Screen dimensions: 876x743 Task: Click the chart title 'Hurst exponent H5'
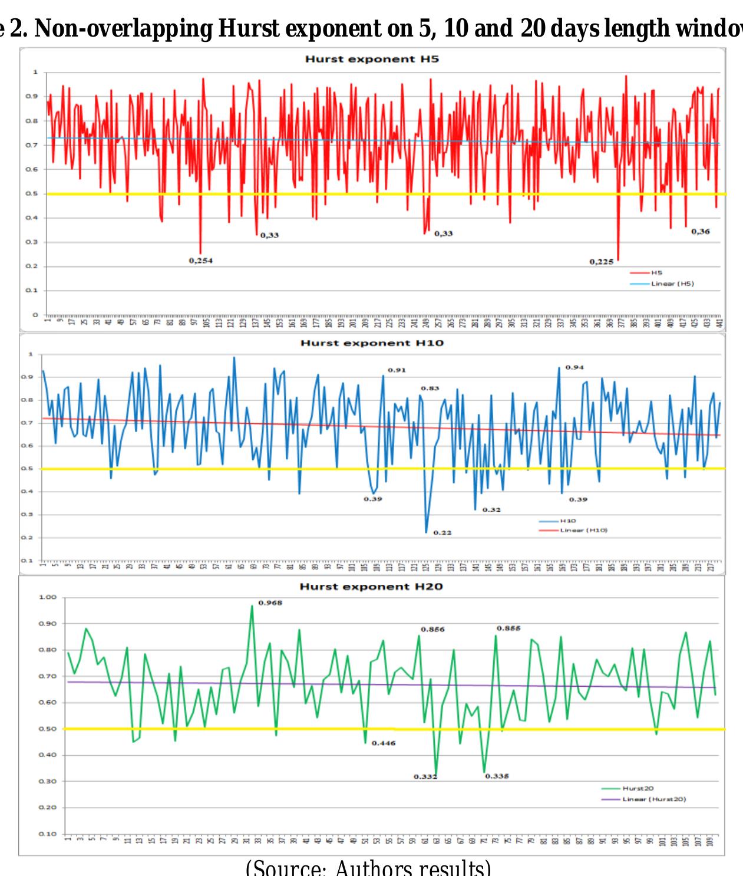click(x=372, y=59)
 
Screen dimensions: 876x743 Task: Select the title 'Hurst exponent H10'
click(x=372, y=343)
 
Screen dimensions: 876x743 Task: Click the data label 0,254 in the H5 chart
click(x=201, y=260)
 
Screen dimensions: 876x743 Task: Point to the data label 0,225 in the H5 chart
click(x=601, y=262)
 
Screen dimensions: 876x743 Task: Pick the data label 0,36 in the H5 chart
click(x=700, y=232)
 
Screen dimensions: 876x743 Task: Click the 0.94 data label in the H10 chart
click(x=574, y=367)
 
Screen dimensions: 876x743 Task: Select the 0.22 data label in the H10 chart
click(x=443, y=532)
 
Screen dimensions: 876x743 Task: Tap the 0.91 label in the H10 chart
click(x=397, y=370)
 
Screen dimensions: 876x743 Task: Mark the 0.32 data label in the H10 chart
click(x=491, y=509)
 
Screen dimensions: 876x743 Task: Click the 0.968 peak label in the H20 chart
click(x=270, y=603)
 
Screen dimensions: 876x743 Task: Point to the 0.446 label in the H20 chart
click(x=384, y=743)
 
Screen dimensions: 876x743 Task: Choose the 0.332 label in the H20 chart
click(x=425, y=777)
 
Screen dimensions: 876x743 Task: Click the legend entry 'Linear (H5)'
click(x=672, y=284)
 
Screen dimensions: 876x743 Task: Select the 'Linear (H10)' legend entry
click(x=583, y=530)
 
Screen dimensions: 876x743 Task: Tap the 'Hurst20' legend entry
click(x=638, y=788)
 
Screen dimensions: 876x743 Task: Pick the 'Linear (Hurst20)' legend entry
click(x=654, y=799)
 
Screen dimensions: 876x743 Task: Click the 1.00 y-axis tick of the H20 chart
click(x=47, y=597)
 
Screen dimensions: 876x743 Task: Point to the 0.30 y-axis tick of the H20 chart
click(x=47, y=781)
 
